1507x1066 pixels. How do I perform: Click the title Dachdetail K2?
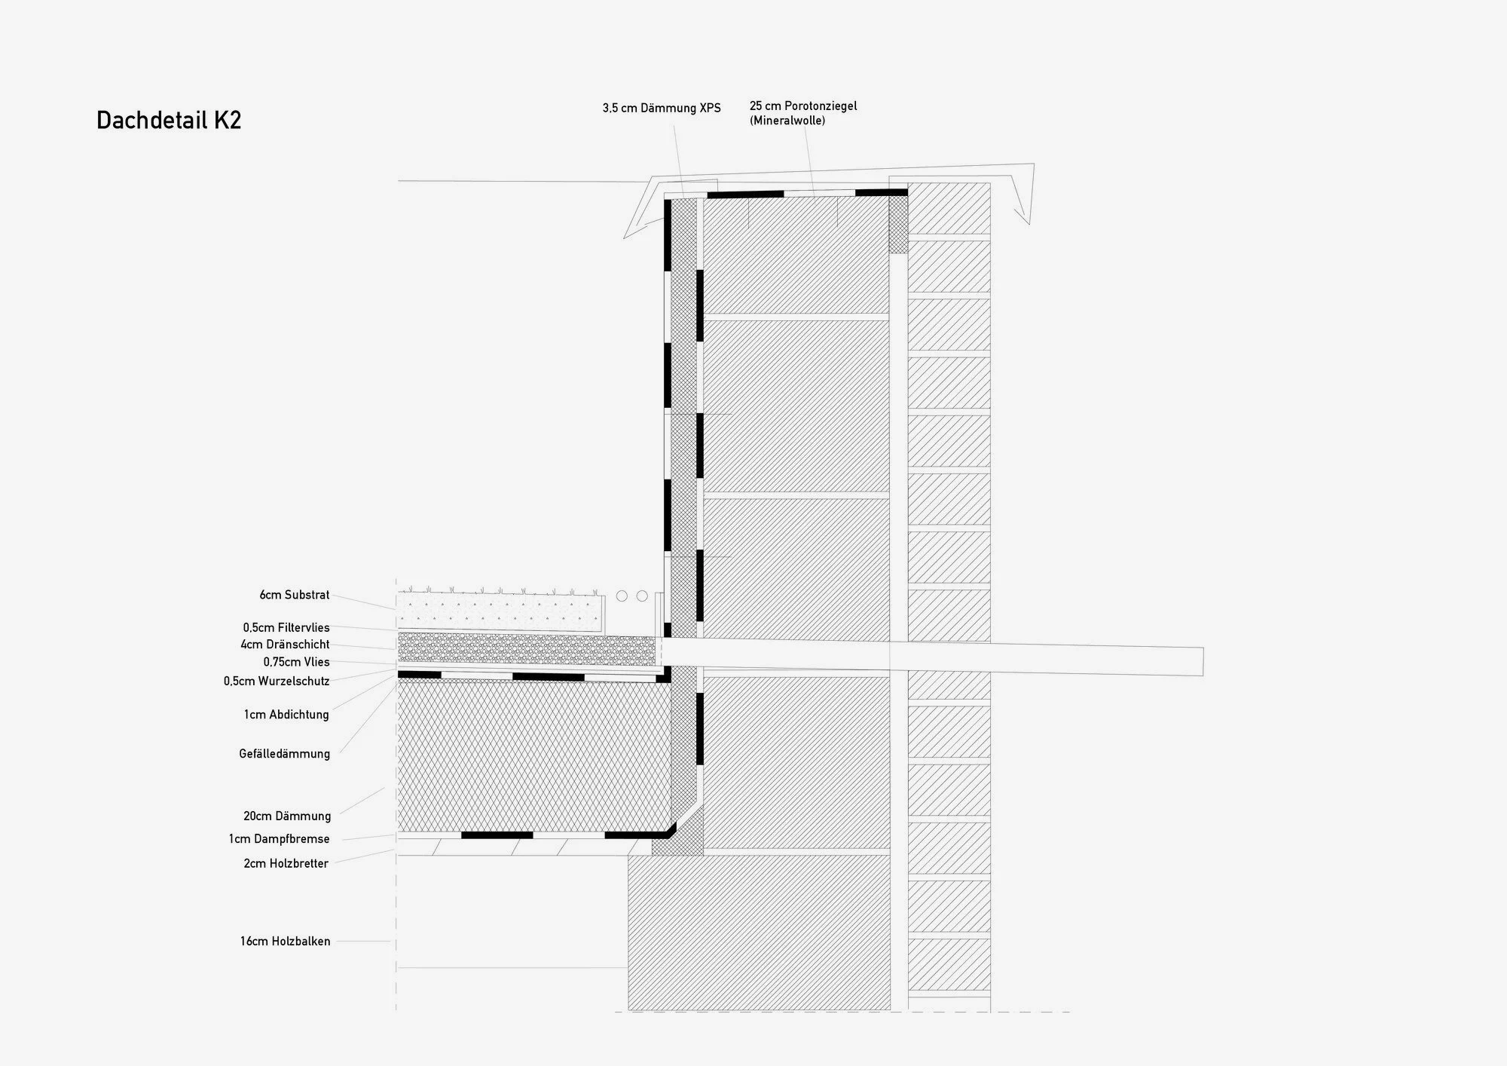(169, 121)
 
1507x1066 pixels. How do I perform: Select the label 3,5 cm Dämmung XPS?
(661, 109)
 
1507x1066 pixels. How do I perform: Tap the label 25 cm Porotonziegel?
(803, 106)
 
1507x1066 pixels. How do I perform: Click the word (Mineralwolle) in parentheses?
(787, 121)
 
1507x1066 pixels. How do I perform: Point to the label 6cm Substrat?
(295, 595)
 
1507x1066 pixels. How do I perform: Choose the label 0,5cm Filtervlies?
(286, 627)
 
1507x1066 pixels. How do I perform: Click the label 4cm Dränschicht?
(285, 645)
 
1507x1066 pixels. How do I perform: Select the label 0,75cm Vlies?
(296, 662)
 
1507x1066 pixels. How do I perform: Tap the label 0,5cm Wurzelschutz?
(277, 681)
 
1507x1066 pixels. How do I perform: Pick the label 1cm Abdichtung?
(286, 715)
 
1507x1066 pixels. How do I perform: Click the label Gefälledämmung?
(285, 754)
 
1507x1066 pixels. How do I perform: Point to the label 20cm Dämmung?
(287, 816)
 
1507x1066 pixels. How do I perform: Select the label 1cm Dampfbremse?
(280, 839)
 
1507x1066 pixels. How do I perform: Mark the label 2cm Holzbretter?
(286, 864)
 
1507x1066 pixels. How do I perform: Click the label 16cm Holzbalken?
(286, 942)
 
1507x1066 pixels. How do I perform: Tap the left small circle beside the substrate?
(622, 596)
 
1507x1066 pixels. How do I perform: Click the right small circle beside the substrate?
(642, 596)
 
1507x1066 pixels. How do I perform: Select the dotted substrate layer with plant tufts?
(500, 611)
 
